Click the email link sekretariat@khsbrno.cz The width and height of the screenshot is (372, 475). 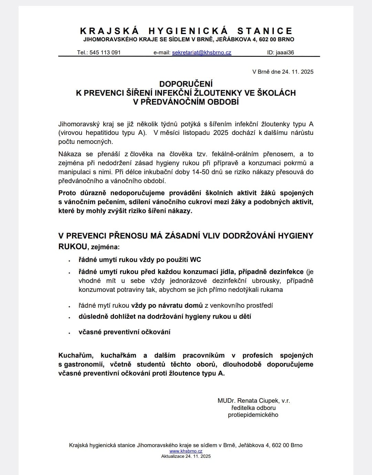(201, 53)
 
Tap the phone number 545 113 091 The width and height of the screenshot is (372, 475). (105, 53)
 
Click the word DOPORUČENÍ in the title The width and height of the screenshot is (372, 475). (186, 84)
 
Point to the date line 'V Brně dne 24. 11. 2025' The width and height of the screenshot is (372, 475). (283, 72)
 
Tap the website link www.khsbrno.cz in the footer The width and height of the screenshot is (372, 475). (186, 451)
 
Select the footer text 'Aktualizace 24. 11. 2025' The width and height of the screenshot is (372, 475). (186, 456)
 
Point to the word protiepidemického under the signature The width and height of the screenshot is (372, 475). (253, 415)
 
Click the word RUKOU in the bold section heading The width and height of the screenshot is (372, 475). (73, 246)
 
